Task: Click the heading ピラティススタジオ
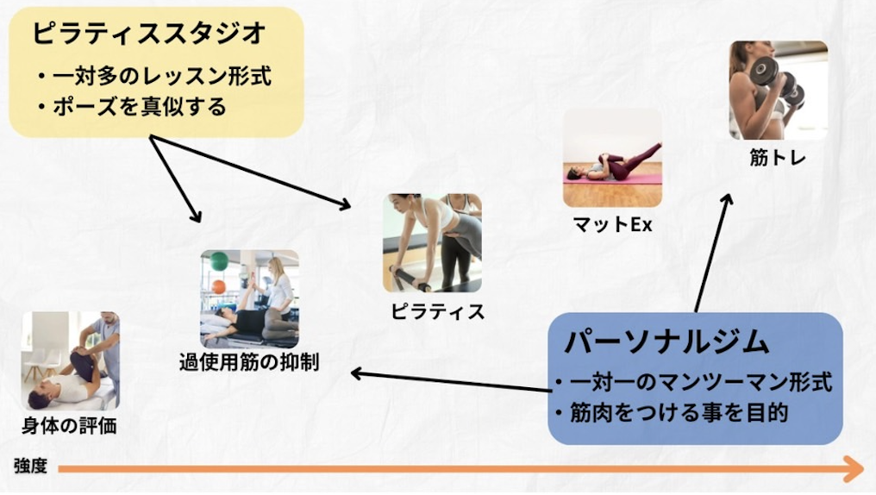click(149, 34)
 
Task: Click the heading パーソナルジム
click(667, 341)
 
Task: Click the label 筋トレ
click(778, 158)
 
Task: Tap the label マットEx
click(613, 224)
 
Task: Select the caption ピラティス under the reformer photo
click(437, 312)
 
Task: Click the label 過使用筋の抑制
click(249, 362)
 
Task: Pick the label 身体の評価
click(69, 426)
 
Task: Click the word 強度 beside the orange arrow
click(30, 466)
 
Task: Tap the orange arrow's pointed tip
click(864, 469)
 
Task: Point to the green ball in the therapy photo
click(219, 260)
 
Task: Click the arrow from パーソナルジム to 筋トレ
click(713, 253)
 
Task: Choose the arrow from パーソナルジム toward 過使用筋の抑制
click(452, 382)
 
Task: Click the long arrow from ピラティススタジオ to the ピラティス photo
click(250, 172)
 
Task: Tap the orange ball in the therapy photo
click(218, 287)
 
